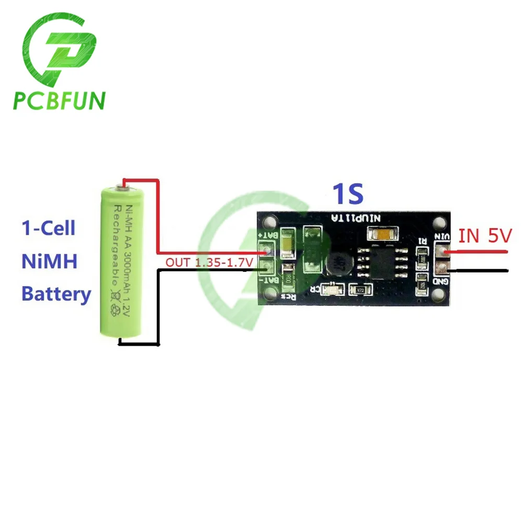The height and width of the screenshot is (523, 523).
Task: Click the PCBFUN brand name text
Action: coord(59,100)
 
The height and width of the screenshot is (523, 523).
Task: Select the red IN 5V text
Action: coord(486,236)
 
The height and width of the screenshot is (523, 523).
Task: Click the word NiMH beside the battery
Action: coord(50,260)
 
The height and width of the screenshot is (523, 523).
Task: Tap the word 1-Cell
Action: coord(49,228)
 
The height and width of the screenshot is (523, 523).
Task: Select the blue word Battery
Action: coord(56,294)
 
